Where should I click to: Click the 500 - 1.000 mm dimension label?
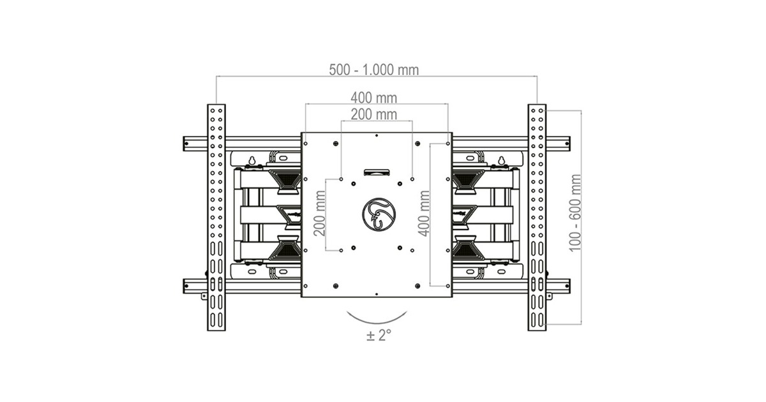[374, 70]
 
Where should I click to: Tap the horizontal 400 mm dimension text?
[374, 98]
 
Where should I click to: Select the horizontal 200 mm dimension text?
[374, 114]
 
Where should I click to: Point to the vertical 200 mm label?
[320, 214]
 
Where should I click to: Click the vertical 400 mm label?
[424, 214]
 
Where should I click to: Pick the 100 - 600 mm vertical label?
[575, 213]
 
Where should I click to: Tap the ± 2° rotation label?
[379, 335]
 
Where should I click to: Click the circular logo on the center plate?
[379, 214]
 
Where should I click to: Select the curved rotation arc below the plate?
[377, 324]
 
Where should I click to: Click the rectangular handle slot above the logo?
[377, 172]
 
